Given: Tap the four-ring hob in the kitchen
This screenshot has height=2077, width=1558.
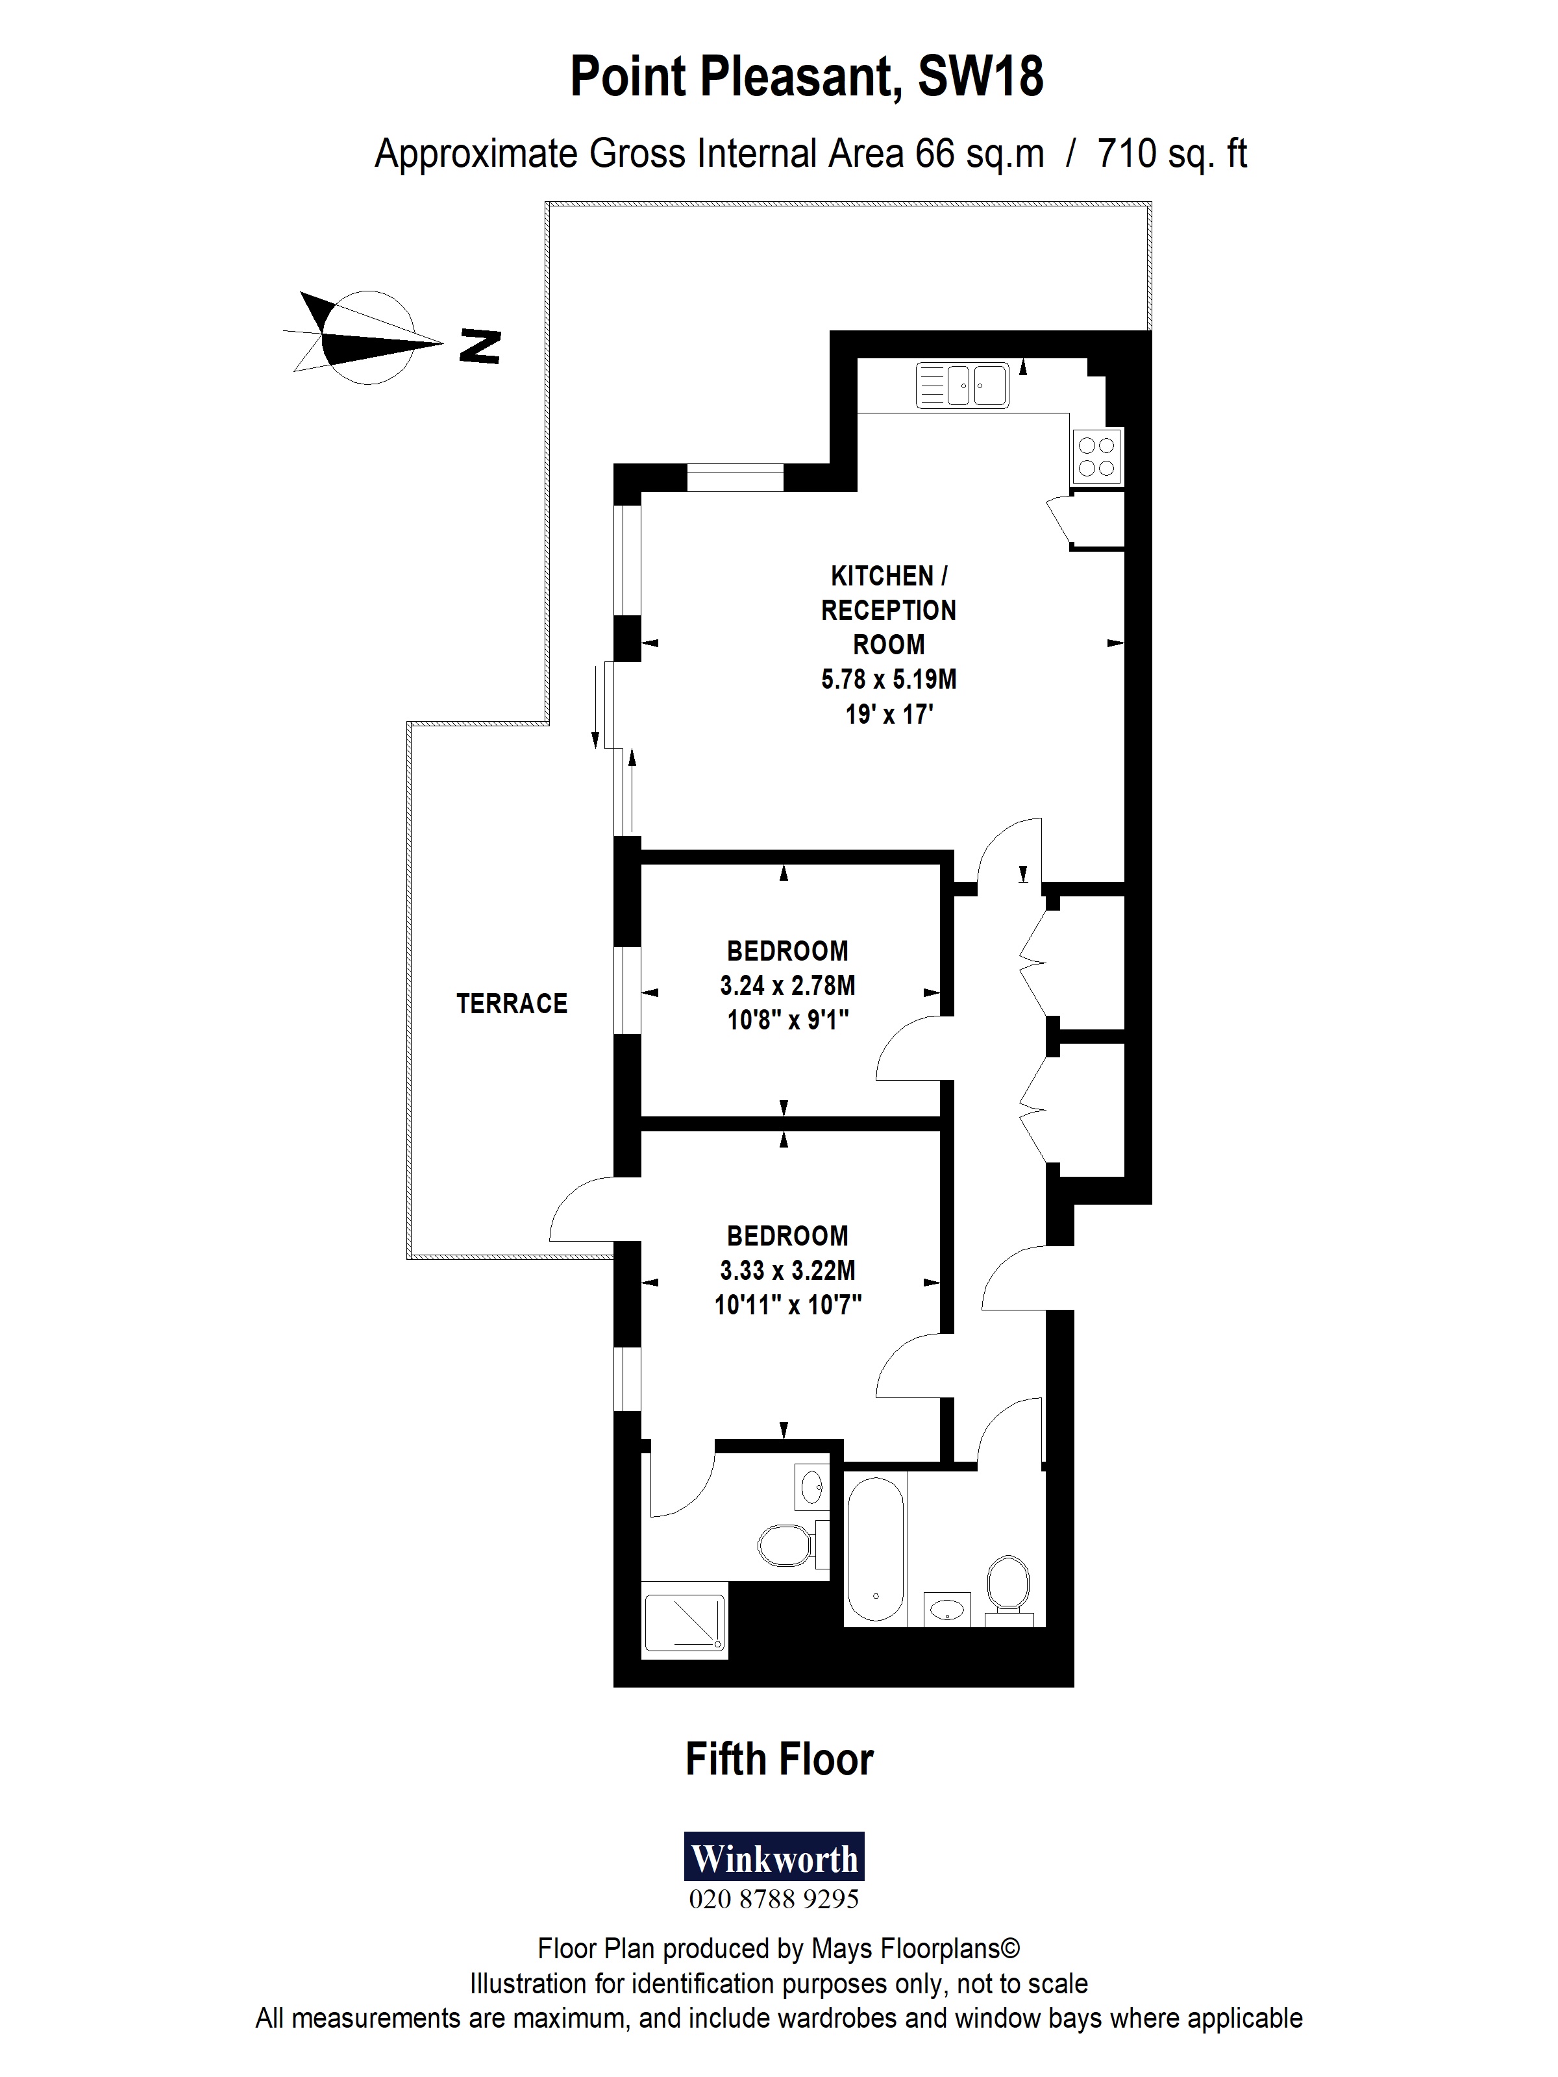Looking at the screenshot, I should click(1096, 456).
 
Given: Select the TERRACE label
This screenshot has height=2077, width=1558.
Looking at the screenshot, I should click(512, 1003).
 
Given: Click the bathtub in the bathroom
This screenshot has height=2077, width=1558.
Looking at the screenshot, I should click(875, 1549).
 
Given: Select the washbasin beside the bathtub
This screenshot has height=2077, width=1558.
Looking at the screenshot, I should click(948, 1608).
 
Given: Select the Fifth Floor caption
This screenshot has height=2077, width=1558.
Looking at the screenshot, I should click(780, 1760).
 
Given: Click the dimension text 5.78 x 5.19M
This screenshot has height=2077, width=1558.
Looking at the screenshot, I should click(889, 679).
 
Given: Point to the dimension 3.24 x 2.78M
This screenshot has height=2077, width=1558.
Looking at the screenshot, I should click(787, 985).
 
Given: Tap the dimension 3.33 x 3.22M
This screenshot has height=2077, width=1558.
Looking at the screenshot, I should click(787, 1270).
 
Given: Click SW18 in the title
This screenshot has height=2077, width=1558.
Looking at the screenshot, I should click(980, 77).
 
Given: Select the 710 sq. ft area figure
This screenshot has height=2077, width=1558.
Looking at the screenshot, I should click(1171, 154).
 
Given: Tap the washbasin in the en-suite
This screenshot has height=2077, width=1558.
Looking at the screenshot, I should click(811, 1486).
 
